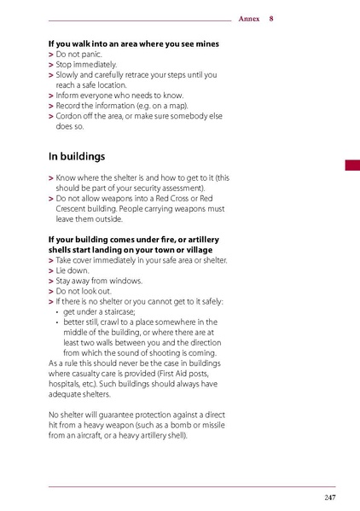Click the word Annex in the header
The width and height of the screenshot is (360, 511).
249,18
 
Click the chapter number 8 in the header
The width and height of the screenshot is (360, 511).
271,18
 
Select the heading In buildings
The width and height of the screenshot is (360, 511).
77,157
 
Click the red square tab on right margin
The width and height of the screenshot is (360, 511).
351,165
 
